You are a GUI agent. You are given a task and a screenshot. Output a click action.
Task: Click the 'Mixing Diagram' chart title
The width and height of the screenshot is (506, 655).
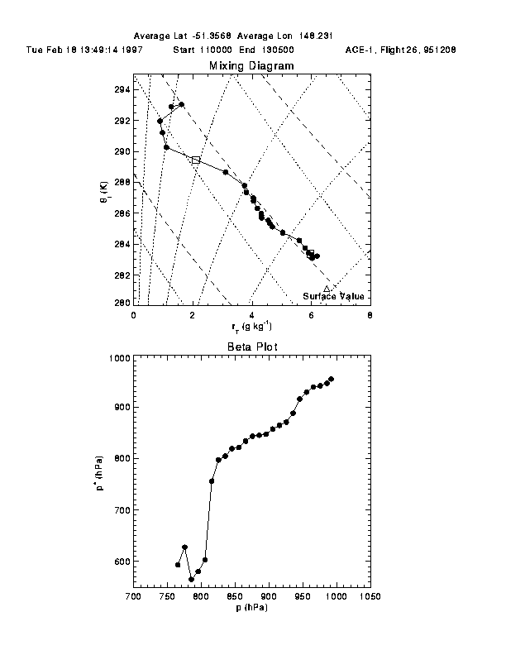coord(251,65)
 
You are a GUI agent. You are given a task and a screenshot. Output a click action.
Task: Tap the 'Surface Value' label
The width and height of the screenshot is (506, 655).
coord(333,296)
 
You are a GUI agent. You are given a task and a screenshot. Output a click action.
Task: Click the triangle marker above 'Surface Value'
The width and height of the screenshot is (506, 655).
coord(327,289)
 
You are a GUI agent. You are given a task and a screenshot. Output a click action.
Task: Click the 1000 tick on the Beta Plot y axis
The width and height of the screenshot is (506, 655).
coord(118,358)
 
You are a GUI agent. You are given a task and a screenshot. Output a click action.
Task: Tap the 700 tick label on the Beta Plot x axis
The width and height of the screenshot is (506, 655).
coord(132,596)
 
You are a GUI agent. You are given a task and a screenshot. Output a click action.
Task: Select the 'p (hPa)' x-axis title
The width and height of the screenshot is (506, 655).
coord(251,608)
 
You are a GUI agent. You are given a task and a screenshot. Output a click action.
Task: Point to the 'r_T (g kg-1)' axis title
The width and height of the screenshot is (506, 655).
coord(251,327)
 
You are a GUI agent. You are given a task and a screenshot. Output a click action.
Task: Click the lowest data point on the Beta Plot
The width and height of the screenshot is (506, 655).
coord(191,579)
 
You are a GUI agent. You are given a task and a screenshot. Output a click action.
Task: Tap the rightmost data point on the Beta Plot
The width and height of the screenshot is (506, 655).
coord(331,379)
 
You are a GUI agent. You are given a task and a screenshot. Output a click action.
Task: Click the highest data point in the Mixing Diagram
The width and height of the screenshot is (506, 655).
coord(181,105)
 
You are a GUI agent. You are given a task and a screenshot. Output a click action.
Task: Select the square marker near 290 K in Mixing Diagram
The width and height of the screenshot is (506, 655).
coord(195,160)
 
